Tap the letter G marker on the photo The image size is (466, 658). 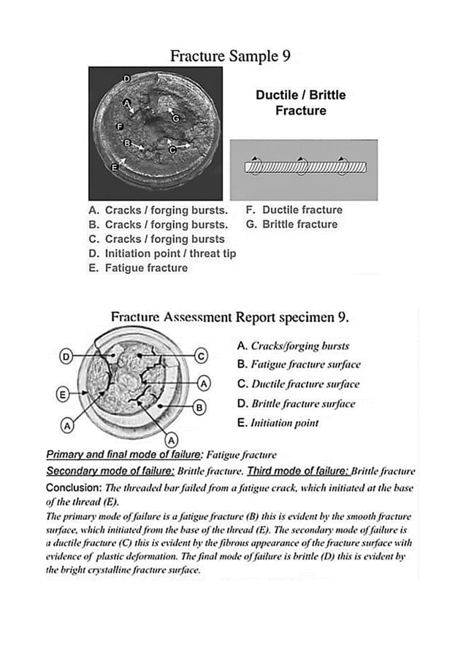tap(175, 118)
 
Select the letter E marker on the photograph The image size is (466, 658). tap(113, 168)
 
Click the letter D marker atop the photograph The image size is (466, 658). tap(126, 78)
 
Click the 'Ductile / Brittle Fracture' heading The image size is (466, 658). tap(300, 103)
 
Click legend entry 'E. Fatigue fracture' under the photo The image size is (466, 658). tap(138, 268)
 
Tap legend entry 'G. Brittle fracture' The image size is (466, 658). tap(291, 224)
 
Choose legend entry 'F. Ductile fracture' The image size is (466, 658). tap(294, 209)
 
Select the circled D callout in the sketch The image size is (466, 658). tap(66, 357)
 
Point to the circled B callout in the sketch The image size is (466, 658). tap(198, 407)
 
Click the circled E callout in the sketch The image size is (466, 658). tap(63, 395)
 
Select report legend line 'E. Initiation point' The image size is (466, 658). tap(278, 422)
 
